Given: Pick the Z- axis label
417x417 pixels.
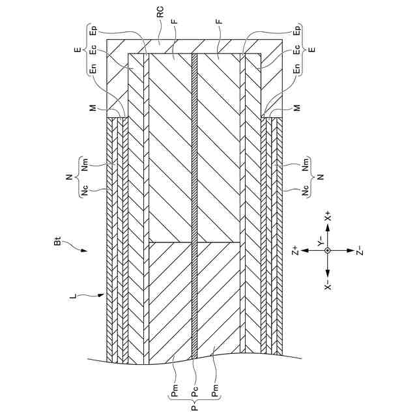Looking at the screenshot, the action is coord(360,250).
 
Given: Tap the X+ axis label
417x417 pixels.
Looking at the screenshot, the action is coord(328,216).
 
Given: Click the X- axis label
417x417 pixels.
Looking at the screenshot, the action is coord(328,285).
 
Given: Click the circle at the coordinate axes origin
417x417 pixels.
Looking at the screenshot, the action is coord(328,250).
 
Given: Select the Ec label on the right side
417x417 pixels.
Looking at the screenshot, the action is coord(297,50).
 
